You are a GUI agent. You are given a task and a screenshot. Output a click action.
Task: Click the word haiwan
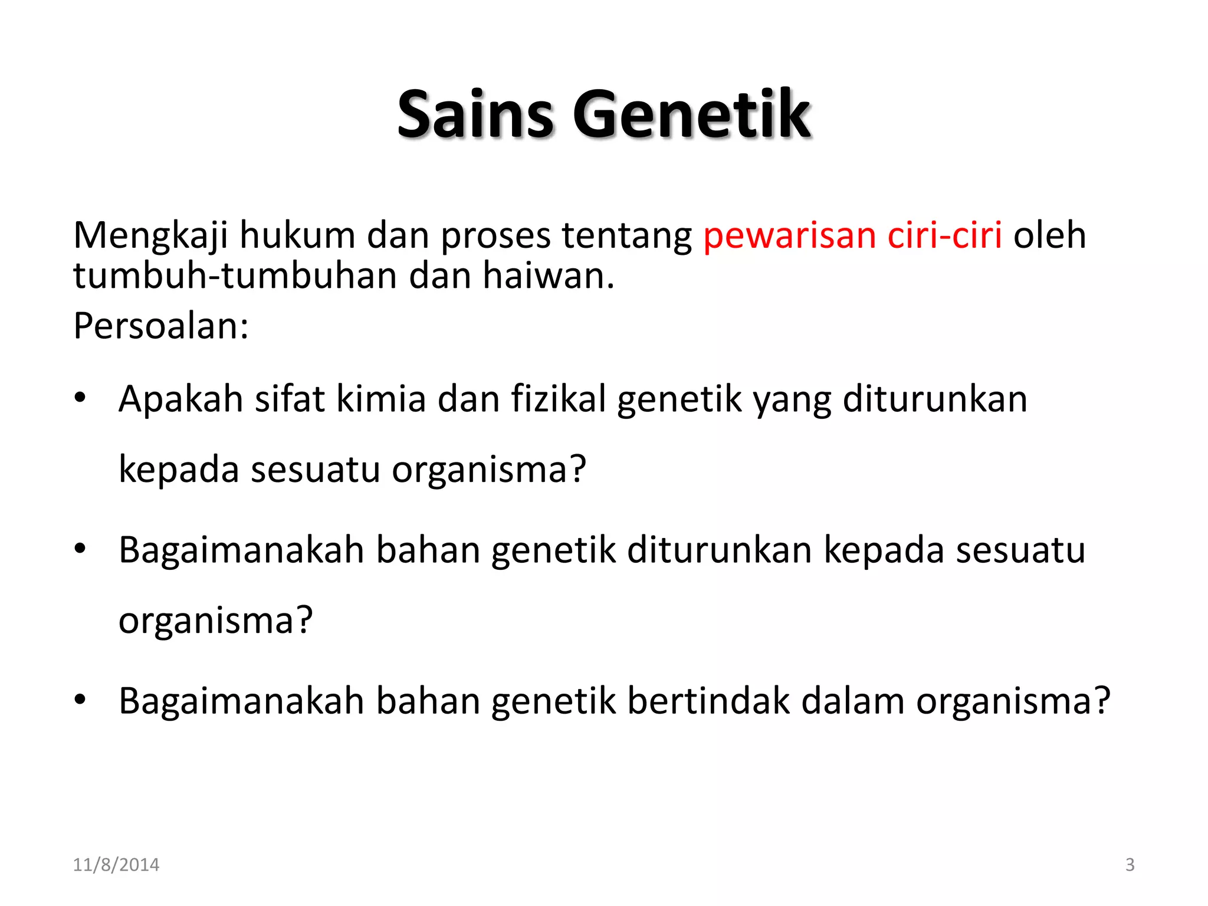(x=549, y=275)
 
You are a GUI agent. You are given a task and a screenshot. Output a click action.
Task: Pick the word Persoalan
(x=160, y=326)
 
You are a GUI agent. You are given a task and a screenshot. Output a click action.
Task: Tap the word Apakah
(x=180, y=399)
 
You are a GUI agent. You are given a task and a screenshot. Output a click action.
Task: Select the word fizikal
(x=558, y=399)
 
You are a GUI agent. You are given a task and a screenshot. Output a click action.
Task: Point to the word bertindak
(x=708, y=701)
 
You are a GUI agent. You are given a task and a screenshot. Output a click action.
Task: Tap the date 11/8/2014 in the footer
(x=116, y=865)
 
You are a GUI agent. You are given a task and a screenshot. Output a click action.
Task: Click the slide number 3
(x=1130, y=865)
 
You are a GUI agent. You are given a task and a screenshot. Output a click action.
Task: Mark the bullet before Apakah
(x=80, y=398)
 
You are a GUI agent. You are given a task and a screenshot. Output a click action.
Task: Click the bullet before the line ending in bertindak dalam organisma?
(x=80, y=700)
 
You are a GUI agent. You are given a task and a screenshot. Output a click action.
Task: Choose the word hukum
(x=297, y=235)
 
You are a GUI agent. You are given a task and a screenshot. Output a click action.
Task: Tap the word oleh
(x=1049, y=235)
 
